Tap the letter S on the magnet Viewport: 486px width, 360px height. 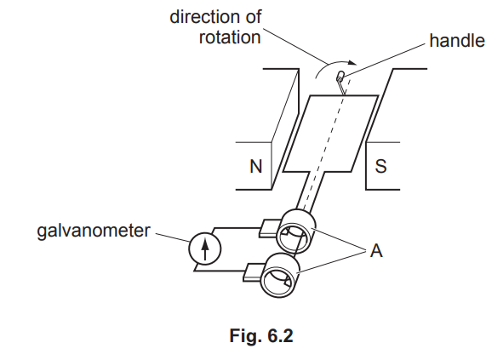point(380,166)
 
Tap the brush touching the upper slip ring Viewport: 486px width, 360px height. point(270,227)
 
